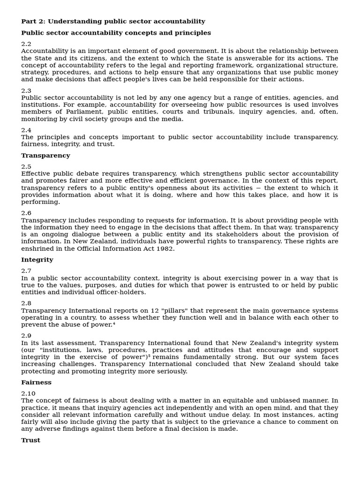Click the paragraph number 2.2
[x=26, y=44]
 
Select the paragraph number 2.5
[x=26, y=167]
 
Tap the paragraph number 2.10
[x=28, y=394]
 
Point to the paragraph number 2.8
[x=26, y=304]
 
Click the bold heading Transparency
[x=45, y=156]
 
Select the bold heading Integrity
[x=37, y=260]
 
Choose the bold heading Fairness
[x=36, y=382]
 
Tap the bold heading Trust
[x=30, y=441]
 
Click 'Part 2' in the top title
[x=32, y=22]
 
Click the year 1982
[x=165, y=249]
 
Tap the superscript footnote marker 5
[x=149, y=356]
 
